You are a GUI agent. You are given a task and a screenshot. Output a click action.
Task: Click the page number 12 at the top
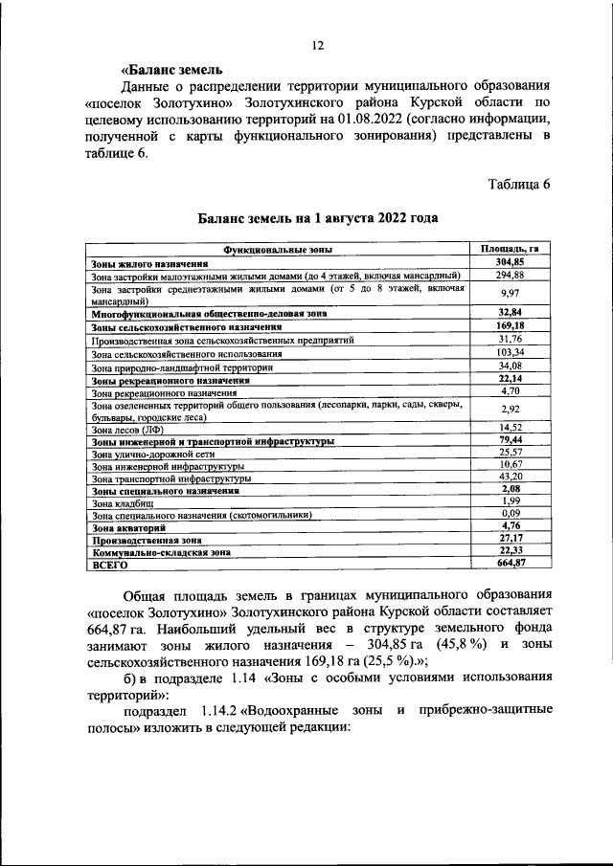[318, 45]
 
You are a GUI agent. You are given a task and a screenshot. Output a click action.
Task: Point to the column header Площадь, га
[510, 249]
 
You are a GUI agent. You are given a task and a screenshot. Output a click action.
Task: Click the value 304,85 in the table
[510, 262]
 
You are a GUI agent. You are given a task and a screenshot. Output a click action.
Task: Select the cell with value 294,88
[510, 275]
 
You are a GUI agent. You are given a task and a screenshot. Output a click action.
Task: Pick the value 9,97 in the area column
[510, 293]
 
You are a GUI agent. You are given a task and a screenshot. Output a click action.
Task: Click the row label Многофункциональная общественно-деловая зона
[209, 313]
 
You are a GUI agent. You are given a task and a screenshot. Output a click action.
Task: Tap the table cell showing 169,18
[510, 326]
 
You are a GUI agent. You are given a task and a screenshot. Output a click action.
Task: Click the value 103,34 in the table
[510, 352]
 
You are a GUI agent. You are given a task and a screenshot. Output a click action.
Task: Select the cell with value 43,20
[510, 476]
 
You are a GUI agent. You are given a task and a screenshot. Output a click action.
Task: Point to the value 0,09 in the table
[510, 514]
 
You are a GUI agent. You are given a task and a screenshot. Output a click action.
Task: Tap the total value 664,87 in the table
[510, 565]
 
